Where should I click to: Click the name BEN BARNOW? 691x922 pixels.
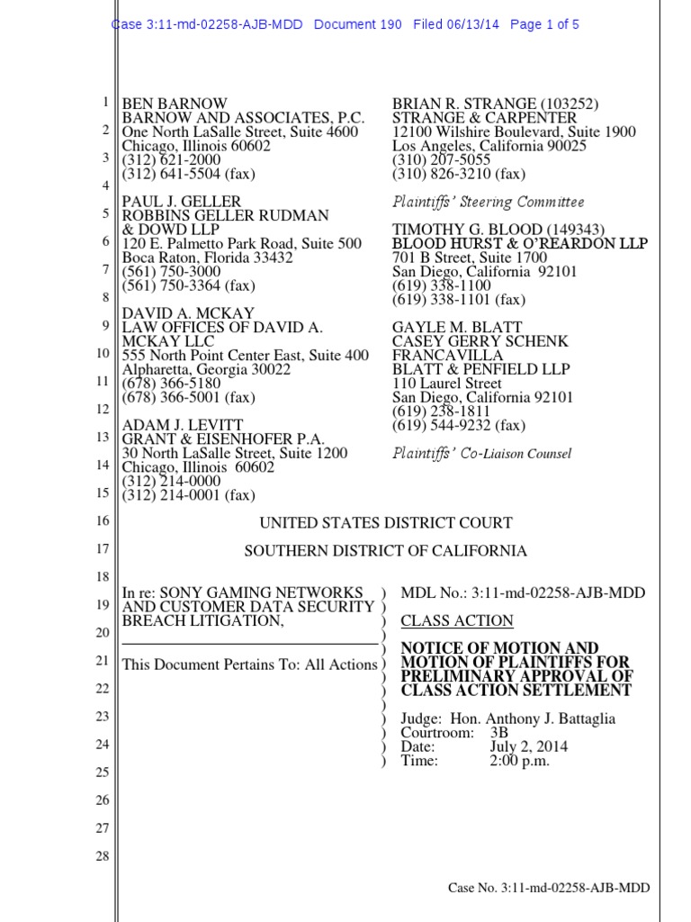click(x=175, y=104)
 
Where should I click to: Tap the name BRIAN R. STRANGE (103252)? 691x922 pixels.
click(x=496, y=104)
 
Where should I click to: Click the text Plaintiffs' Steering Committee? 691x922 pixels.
click(x=488, y=202)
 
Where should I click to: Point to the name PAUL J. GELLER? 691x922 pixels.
click(x=181, y=202)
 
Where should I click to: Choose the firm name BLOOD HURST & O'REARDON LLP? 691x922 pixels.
click(x=519, y=244)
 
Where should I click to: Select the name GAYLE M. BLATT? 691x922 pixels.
click(x=457, y=327)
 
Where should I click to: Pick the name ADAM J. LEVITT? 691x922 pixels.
click(x=183, y=425)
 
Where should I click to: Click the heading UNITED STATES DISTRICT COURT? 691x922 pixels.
click(x=386, y=523)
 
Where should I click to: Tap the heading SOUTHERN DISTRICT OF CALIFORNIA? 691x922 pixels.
click(x=386, y=551)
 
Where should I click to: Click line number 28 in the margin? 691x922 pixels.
click(x=102, y=856)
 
